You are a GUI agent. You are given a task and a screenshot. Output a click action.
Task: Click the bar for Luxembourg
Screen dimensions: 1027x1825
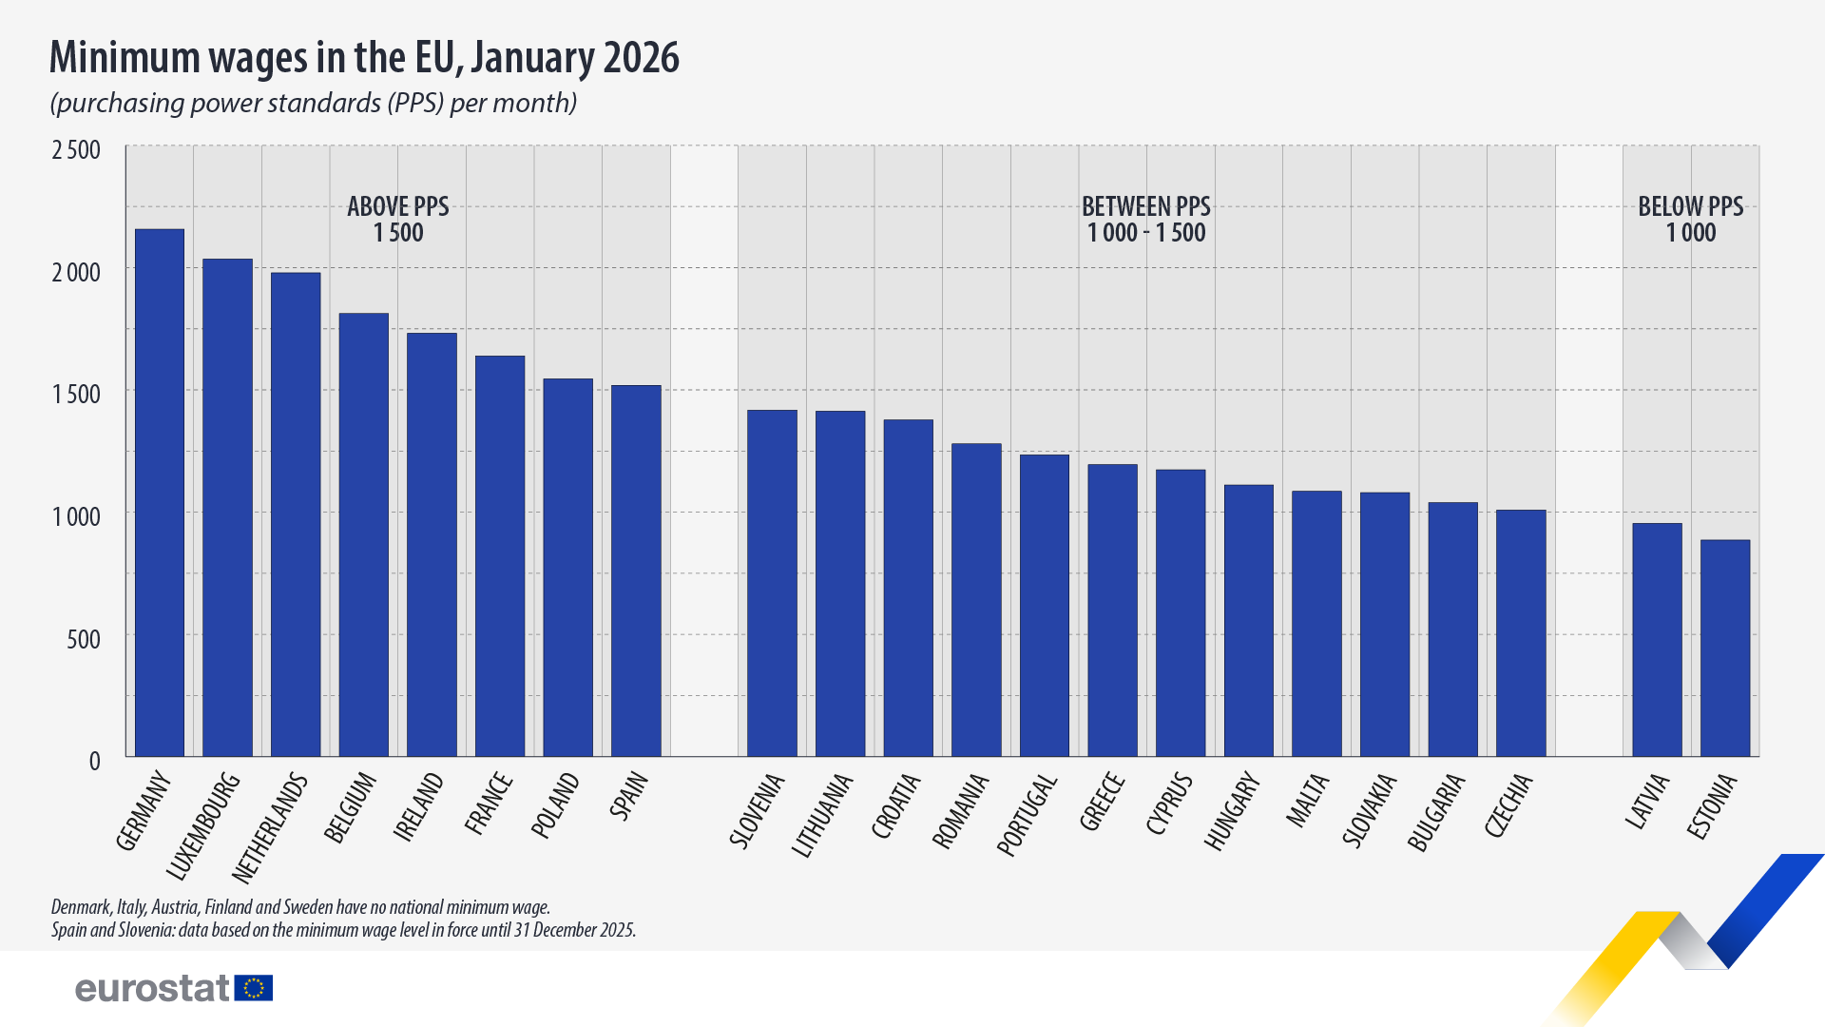click(227, 508)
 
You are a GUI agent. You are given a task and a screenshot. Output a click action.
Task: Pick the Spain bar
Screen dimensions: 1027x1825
click(636, 571)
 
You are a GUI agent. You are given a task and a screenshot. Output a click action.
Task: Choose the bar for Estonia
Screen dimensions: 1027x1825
click(1724, 649)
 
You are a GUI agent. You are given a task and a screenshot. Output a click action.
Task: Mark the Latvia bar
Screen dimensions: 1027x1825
click(1657, 640)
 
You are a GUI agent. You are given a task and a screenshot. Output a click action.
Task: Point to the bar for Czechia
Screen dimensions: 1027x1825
click(1521, 633)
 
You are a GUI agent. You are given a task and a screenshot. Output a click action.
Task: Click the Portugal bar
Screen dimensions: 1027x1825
click(1044, 606)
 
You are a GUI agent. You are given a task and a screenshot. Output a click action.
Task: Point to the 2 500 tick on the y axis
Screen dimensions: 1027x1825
click(76, 150)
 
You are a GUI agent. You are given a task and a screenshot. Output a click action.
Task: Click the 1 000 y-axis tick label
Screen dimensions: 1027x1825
click(76, 516)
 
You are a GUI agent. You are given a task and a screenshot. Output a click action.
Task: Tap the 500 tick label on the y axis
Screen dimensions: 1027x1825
click(84, 639)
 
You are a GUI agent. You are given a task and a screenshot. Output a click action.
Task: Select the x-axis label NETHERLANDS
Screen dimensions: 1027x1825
click(271, 827)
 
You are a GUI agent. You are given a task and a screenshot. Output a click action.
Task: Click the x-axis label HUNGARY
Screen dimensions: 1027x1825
click(1232, 811)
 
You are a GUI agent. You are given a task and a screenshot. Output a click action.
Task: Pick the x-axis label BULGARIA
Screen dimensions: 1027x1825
click(1436, 813)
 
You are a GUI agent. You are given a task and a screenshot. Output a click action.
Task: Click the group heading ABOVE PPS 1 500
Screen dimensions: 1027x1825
click(397, 220)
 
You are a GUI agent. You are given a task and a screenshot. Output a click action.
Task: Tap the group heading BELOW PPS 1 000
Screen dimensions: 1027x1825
click(1690, 220)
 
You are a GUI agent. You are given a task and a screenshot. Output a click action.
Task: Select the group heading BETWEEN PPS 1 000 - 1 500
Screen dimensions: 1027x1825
click(1145, 220)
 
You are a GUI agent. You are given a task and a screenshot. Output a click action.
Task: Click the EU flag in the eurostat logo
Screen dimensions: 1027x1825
click(254, 988)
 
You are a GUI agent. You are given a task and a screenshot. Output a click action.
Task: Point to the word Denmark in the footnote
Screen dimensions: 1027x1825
click(81, 907)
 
